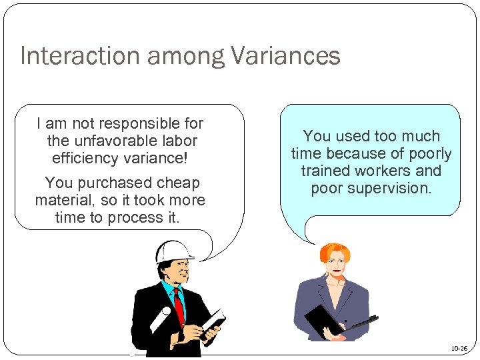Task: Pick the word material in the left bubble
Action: (61, 200)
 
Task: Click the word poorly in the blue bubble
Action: (429, 153)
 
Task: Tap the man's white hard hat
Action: (172, 251)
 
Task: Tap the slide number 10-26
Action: (459, 348)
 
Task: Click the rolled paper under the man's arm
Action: (161, 319)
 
